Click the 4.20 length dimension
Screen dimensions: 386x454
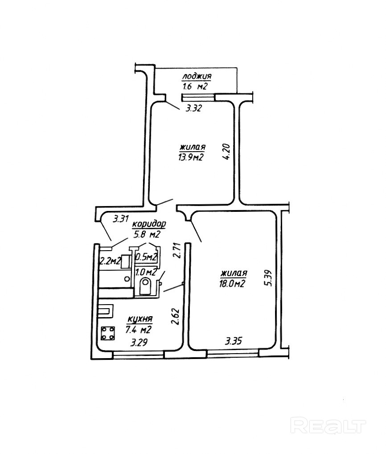pyautogui.click(x=227, y=151)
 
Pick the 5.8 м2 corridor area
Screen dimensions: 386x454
pyautogui.click(x=147, y=234)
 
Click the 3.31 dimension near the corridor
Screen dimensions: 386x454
pyautogui.click(x=121, y=219)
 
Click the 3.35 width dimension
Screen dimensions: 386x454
pyautogui.click(x=234, y=342)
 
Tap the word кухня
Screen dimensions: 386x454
pyautogui.click(x=140, y=320)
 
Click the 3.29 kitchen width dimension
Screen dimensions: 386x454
pyautogui.click(x=139, y=343)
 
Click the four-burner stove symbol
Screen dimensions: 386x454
pyautogui.click(x=107, y=332)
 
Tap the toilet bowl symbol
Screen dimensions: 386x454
pyautogui.click(x=145, y=286)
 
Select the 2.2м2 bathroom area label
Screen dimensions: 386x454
pyautogui.click(x=110, y=261)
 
